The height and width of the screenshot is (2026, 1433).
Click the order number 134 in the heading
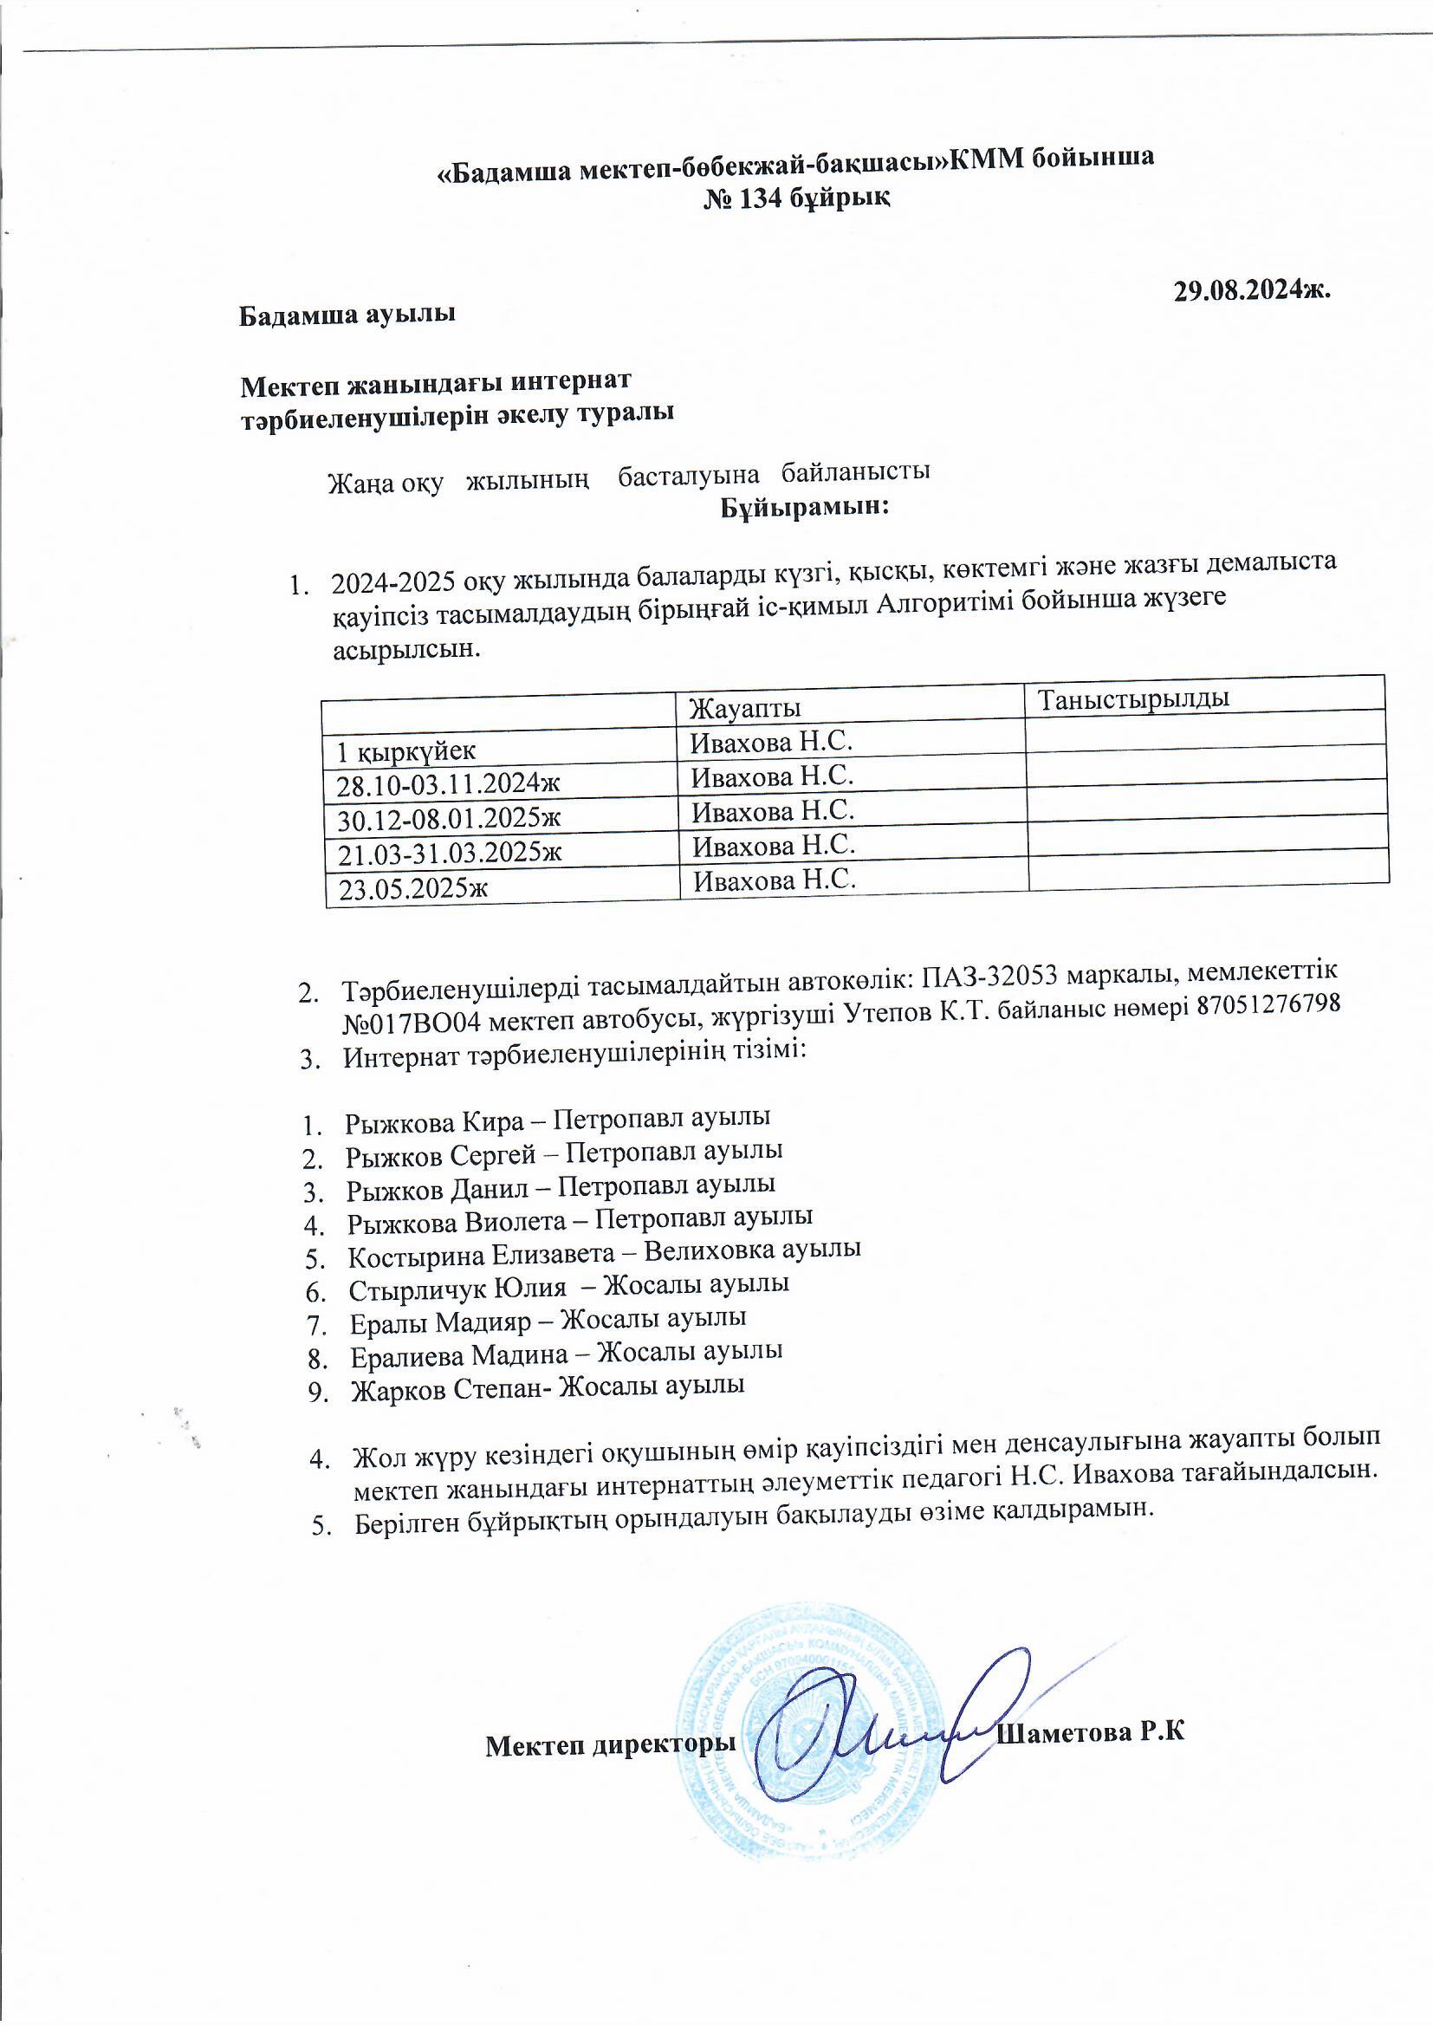tap(759, 198)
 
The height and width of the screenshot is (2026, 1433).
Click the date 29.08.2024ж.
tap(1251, 291)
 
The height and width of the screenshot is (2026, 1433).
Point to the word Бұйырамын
tap(804, 509)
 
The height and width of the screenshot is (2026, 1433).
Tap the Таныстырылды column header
tap(1134, 698)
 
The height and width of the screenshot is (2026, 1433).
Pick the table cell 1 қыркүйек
tap(407, 751)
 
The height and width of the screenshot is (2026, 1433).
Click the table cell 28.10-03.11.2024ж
tap(449, 785)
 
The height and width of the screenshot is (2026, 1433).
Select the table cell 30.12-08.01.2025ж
tap(449, 820)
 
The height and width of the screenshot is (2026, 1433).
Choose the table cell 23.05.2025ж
tap(414, 888)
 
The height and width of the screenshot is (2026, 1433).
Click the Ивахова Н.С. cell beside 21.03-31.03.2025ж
tap(774, 847)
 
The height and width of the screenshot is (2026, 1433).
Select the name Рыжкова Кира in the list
tap(434, 1122)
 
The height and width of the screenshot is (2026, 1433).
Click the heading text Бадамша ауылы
tap(347, 315)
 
